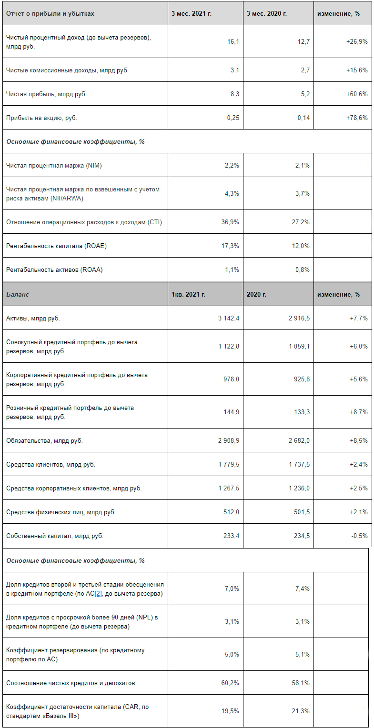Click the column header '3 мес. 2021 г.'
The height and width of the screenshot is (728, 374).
coord(192,13)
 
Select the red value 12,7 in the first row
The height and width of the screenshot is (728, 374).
coord(303,41)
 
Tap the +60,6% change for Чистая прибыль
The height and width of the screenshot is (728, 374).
coord(357,94)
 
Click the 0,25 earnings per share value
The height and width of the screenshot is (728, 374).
coord(233,118)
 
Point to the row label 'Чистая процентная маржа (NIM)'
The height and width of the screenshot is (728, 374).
coord(54,165)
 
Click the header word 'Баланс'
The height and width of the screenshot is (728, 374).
coord(18,294)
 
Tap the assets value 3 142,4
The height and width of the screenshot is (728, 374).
coord(229,318)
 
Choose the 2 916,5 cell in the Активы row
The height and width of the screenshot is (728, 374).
coord(299,318)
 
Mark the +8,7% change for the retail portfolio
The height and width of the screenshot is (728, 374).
coord(358,412)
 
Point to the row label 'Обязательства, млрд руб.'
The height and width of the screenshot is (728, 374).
coord(44,440)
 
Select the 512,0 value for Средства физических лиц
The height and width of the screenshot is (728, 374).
coord(232,512)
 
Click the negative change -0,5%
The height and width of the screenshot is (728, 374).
coord(359,536)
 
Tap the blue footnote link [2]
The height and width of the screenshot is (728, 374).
coord(99,593)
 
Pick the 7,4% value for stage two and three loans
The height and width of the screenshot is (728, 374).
coord(302,588)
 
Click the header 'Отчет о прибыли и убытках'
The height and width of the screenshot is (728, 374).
coord(50,13)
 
